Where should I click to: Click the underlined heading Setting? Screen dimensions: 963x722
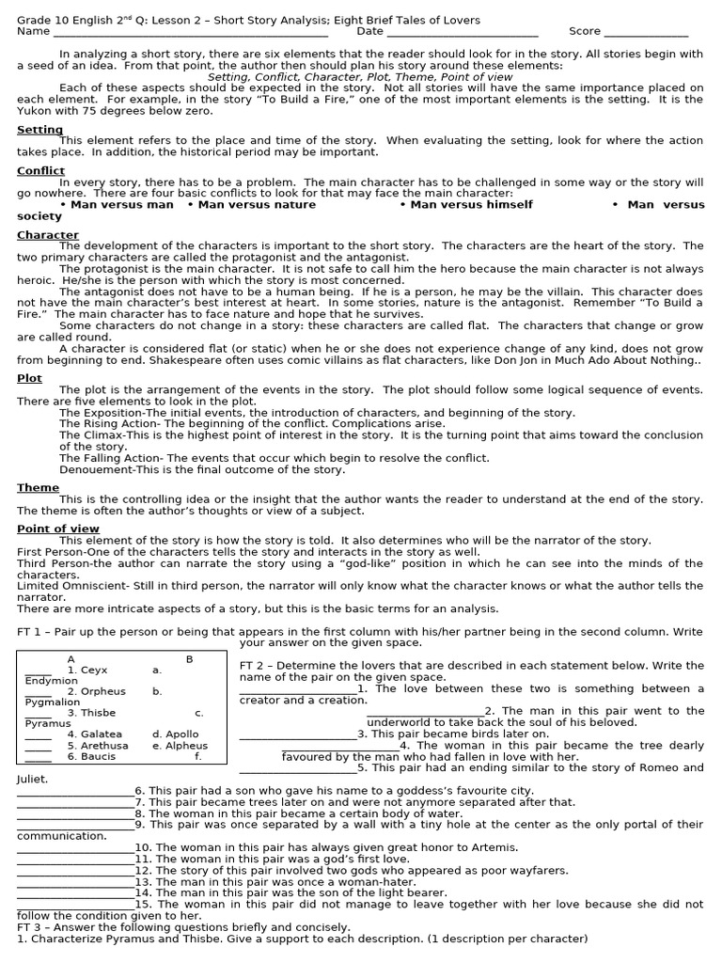pyautogui.click(x=39, y=130)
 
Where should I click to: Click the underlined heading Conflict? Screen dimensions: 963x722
pyautogui.click(x=40, y=171)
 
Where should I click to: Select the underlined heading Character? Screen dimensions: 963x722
pyautogui.click(x=48, y=235)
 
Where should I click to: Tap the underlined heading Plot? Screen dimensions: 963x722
pyautogui.click(x=29, y=378)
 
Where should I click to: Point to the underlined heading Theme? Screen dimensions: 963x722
pyautogui.click(x=38, y=487)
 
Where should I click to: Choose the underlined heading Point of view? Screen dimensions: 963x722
pyautogui.click(x=58, y=529)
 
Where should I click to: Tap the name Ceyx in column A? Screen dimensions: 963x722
pyautogui.click(x=94, y=671)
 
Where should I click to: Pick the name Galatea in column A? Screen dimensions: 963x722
pyautogui.click(x=101, y=734)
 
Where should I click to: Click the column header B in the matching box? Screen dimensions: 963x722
pyautogui.click(x=189, y=659)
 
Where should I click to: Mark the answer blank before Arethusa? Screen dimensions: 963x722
pyautogui.click(x=38, y=746)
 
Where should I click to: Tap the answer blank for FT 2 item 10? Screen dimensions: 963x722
pyautogui.click(x=75, y=847)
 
